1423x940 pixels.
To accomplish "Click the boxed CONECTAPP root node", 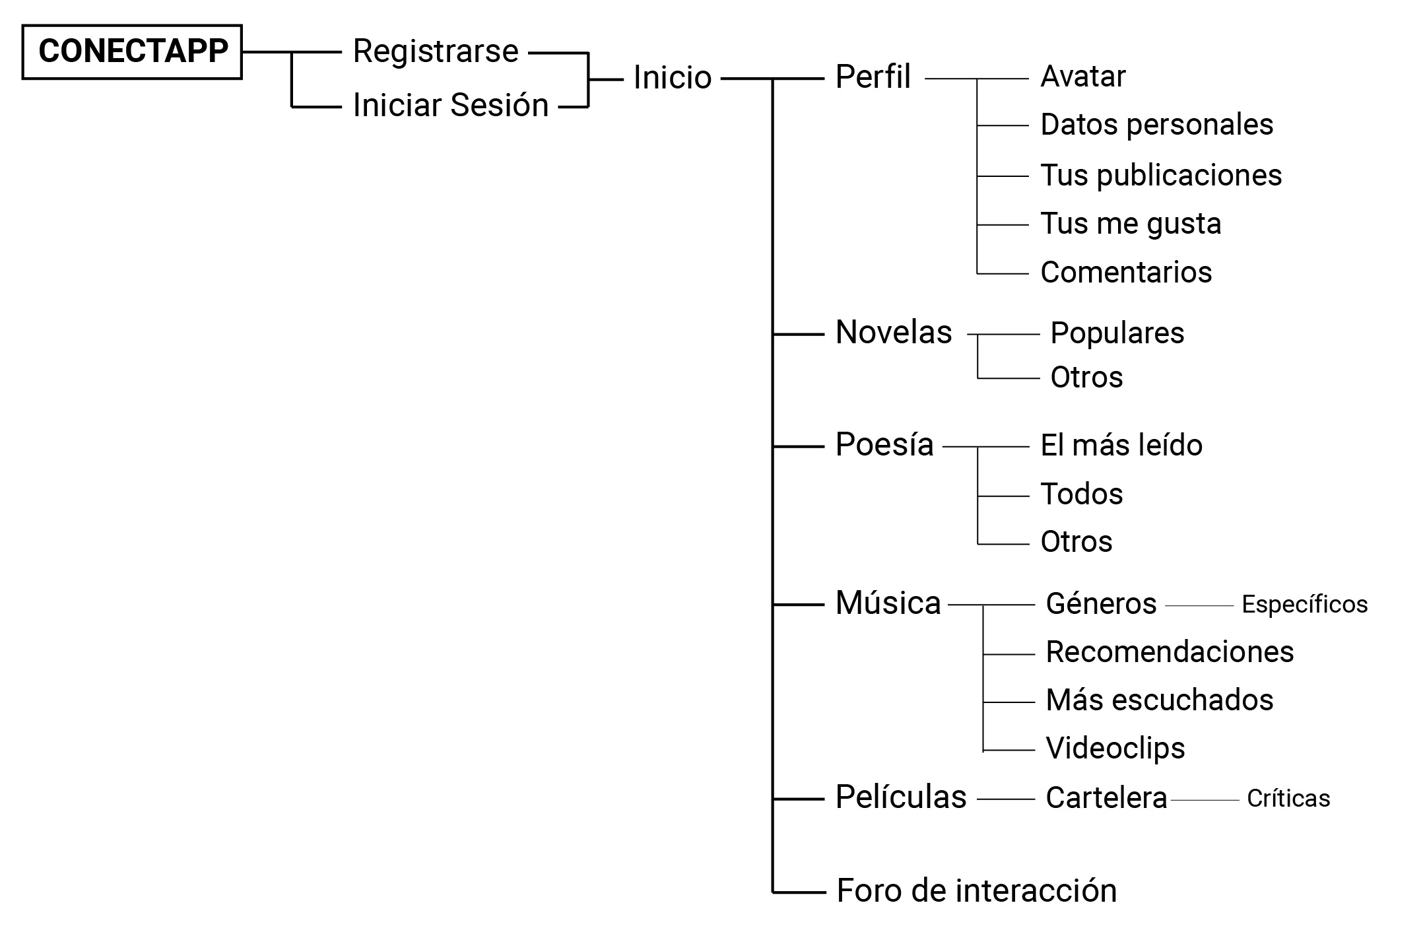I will [132, 52].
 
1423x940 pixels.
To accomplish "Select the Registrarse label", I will [436, 51].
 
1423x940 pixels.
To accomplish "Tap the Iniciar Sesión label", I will [451, 105].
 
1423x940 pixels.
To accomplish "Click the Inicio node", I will [672, 78].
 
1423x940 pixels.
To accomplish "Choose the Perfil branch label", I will [873, 77].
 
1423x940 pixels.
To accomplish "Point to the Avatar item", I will [1082, 77].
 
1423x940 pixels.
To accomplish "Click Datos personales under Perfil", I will [1156, 125].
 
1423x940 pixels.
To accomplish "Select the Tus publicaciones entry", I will [1161, 175].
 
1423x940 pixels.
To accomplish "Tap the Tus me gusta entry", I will [1131, 224].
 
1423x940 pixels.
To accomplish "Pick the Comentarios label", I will [1126, 272].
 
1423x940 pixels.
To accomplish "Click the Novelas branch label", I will [894, 332].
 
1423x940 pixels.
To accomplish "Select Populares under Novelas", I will [1117, 333].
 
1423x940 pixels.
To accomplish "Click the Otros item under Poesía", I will [1076, 542].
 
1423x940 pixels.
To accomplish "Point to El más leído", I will [1121, 446].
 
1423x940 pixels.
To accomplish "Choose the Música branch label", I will [888, 603].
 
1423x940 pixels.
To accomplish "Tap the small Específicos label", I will [1304, 605].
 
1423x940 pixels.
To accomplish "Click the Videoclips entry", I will [1115, 749].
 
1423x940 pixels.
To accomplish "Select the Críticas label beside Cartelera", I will [1288, 799].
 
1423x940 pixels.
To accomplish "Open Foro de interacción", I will [976, 891].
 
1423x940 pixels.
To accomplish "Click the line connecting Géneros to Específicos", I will [1199, 605].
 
